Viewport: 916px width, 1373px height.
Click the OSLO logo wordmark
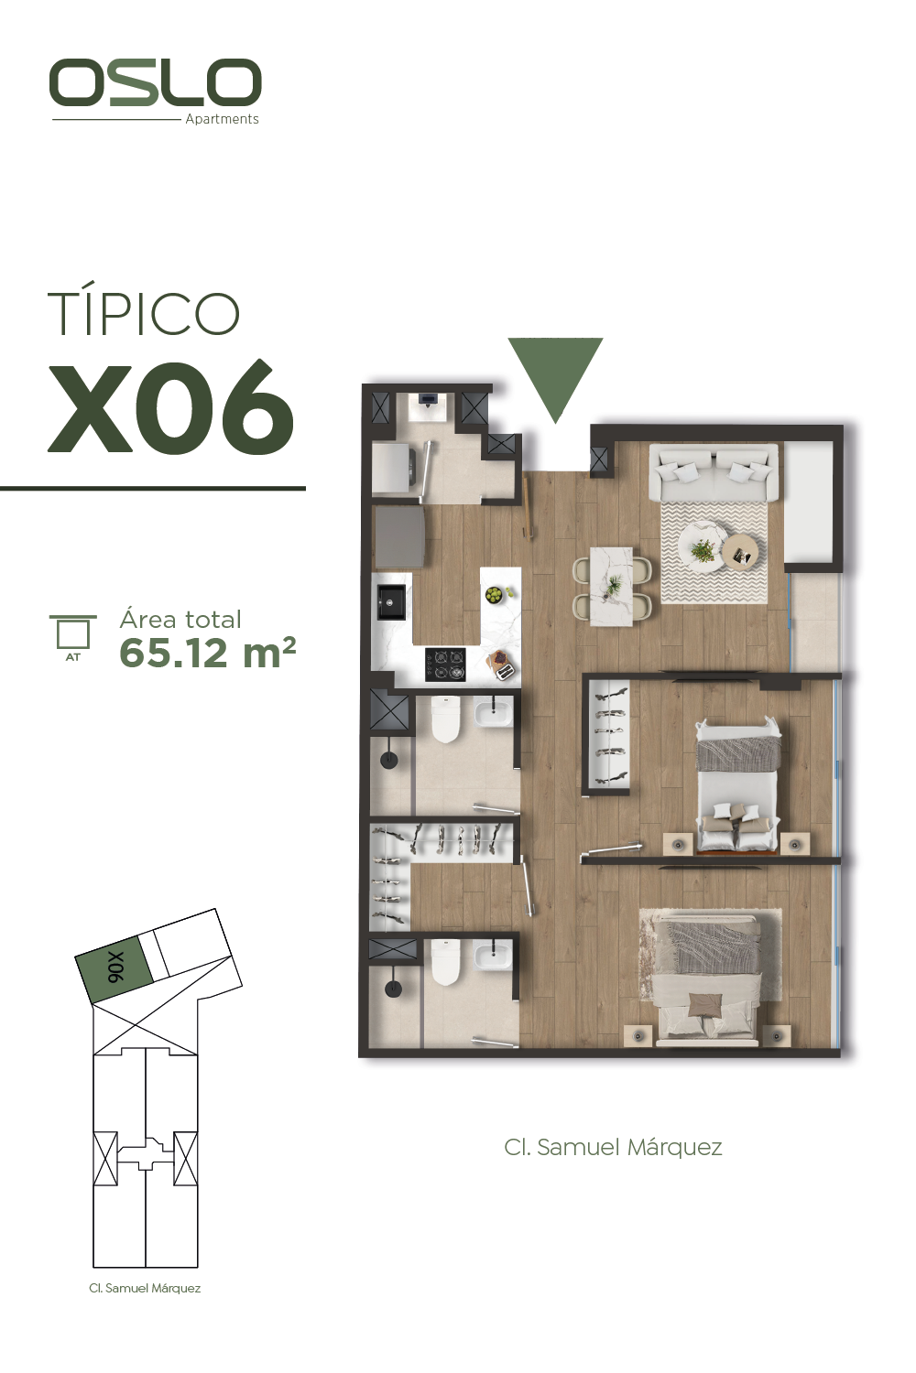[x=155, y=82]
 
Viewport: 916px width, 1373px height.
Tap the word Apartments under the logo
[x=222, y=119]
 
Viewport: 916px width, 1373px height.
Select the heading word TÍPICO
[x=144, y=314]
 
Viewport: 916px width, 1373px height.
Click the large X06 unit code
[x=170, y=406]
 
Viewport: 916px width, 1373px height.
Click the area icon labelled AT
[x=73, y=637]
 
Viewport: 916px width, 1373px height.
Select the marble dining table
[x=611, y=587]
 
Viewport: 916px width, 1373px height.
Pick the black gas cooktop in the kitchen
[x=445, y=665]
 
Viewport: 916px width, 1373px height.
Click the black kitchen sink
[x=391, y=602]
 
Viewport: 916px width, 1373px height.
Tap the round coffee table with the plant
[x=701, y=547]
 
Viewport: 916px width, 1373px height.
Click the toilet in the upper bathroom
[x=445, y=719]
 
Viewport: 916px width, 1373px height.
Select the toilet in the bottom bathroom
[x=445, y=963]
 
